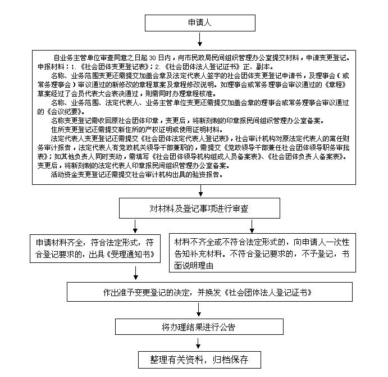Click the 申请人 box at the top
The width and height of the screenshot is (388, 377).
pyautogui.click(x=200, y=23)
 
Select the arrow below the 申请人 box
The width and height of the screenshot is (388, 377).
pyautogui.click(x=200, y=39)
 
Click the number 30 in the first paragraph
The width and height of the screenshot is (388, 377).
pyautogui.click(x=152, y=58)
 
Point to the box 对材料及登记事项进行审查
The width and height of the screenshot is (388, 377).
pyautogui.click(x=199, y=208)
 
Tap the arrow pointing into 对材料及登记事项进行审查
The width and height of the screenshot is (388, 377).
pyautogui.click(x=200, y=191)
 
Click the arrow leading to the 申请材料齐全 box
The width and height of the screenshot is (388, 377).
pyautogui.click(x=135, y=226)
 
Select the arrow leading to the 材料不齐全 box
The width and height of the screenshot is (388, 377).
pyautogui.click(x=252, y=226)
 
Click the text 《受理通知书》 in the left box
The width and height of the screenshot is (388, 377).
pyautogui.click(x=131, y=255)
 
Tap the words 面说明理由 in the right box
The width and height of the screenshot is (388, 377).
pyautogui.click(x=194, y=266)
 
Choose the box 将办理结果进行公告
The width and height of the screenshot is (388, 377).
pyautogui.click(x=199, y=327)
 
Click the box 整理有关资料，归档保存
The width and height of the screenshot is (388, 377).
pyautogui.click(x=199, y=360)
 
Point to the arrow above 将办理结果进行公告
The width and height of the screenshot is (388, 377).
pyautogui.click(x=198, y=310)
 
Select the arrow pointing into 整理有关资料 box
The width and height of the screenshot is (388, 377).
pyautogui.click(x=198, y=343)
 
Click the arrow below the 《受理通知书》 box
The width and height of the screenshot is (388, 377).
pyautogui.click(x=135, y=273)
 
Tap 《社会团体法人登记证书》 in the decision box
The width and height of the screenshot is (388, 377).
pyautogui.click(x=268, y=293)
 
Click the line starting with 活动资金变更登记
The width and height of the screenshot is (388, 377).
pyautogui.click(x=137, y=175)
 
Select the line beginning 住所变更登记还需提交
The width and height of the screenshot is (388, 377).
pyautogui.click(x=137, y=129)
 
